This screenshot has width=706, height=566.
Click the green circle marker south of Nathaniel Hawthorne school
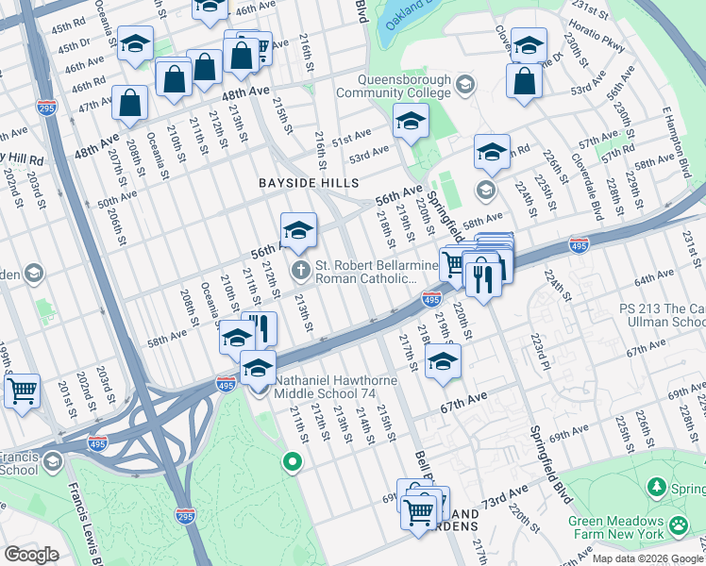tap(293, 462)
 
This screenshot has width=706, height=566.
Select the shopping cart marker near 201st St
tap(22, 388)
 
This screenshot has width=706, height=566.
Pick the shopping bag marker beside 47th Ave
tap(129, 102)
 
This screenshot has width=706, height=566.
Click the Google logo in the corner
tap(31, 554)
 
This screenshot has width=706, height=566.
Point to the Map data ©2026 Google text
tap(647, 558)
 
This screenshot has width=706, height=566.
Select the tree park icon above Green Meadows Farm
tap(656, 487)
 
